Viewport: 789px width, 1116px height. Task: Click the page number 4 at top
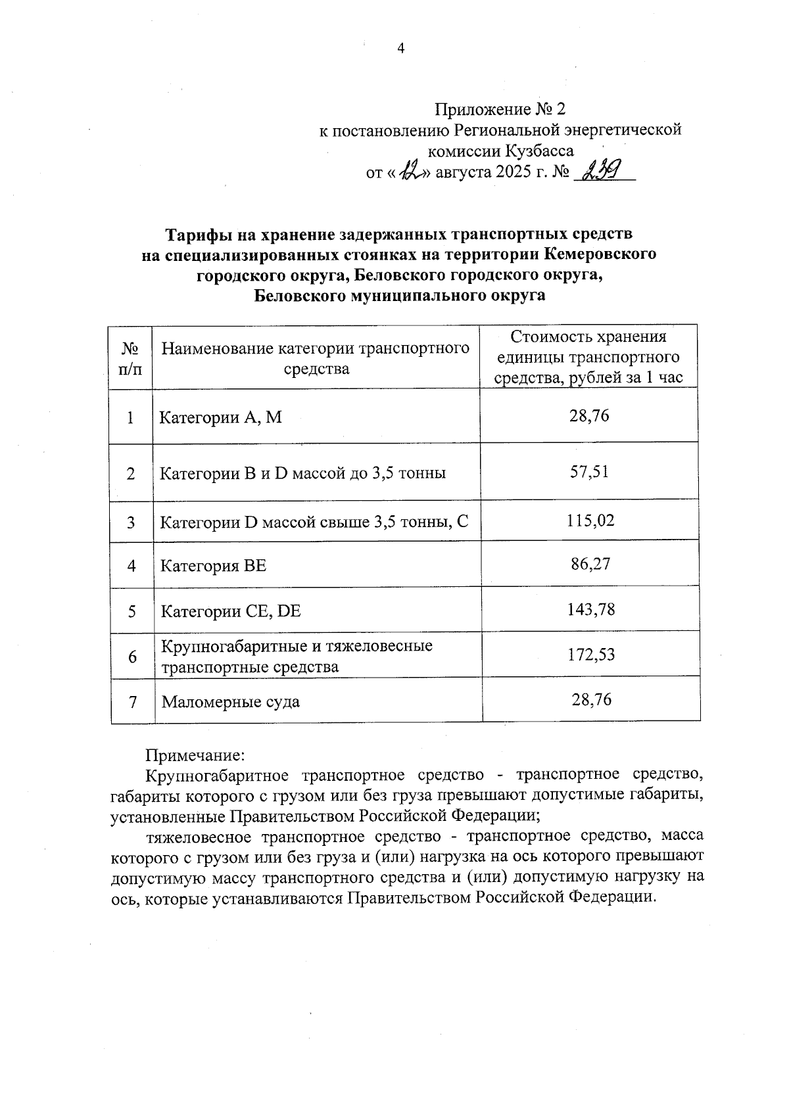pyautogui.click(x=400, y=48)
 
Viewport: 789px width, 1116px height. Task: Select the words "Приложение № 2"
pyautogui.click(x=500, y=109)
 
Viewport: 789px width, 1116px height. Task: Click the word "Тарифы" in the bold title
pyautogui.click(x=196, y=235)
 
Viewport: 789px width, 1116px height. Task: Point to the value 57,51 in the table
pyautogui.click(x=589, y=472)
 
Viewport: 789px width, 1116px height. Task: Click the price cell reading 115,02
pyautogui.click(x=590, y=521)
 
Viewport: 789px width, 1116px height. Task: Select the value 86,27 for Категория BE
pyautogui.click(x=590, y=563)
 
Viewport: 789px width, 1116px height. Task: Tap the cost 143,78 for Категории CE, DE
pyautogui.click(x=590, y=609)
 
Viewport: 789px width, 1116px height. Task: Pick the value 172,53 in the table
pyautogui.click(x=590, y=655)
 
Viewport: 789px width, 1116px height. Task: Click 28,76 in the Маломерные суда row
pyautogui.click(x=591, y=699)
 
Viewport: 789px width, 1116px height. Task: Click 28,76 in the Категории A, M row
pyautogui.click(x=589, y=415)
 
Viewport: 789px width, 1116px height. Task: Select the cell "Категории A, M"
pyautogui.click(x=221, y=417)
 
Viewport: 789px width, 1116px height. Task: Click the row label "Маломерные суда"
pyautogui.click(x=231, y=702)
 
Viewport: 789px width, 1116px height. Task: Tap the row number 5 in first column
pyautogui.click(x=132, y=611)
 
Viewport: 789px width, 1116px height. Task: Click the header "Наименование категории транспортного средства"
pyautogui.click(x=316, y=358)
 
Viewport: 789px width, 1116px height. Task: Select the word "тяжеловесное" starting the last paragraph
pyautogui.click(x=198, y=837)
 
